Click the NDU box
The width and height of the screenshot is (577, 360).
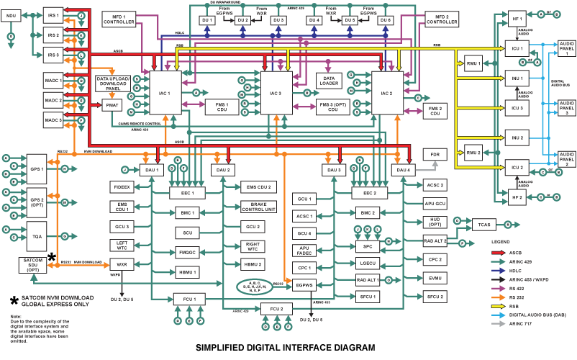coord(12,15)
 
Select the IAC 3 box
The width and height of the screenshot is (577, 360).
coord(276,94)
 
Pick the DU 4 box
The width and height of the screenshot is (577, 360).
coord(314,20)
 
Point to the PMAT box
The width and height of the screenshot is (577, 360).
coord(112,105)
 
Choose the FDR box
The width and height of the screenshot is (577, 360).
coord(435,155)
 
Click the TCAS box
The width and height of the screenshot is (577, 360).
coord(483,225)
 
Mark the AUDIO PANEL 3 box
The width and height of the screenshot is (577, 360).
coord(567,108)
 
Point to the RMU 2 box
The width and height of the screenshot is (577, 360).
coord(472,153)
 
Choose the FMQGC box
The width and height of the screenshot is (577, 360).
coord(186,252)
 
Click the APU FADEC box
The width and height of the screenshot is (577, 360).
coord(304,251)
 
